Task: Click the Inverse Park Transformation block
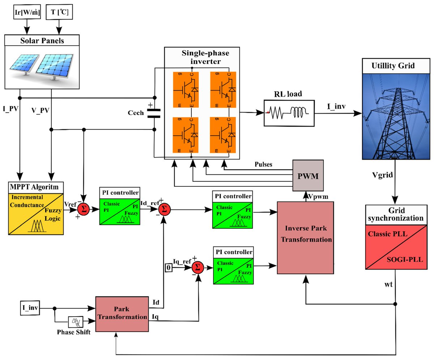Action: [305, 237]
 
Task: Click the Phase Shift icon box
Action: [76, 321]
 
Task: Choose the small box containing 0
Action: [168, 268]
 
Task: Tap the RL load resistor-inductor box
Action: [288, 114]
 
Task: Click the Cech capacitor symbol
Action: [154, 113]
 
